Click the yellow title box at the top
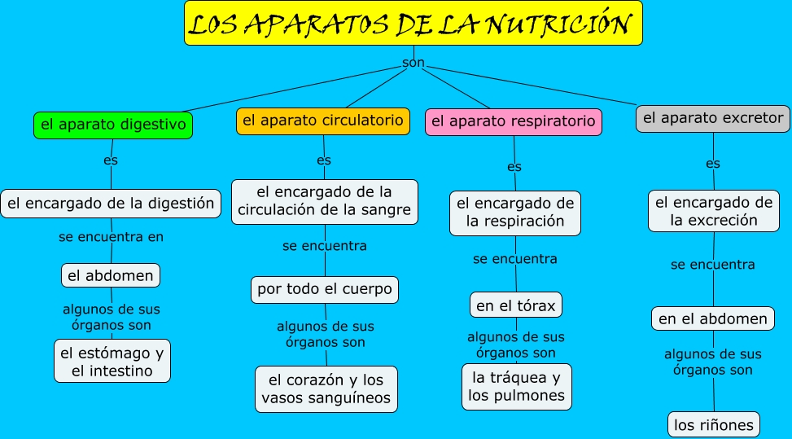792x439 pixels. pos(413,24)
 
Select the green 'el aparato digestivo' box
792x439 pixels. pos(113,125)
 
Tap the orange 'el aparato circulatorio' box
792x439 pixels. pos(322,121)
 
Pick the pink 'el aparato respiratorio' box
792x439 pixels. pos(513,121)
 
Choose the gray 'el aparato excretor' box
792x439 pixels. pos(712,118)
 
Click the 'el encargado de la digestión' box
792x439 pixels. pos(111,203)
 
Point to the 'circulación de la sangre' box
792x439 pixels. pos(324,201)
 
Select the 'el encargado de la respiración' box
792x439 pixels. pos(514,213)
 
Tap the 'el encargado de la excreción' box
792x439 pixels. pos(713,211)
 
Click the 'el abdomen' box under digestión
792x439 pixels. pos(111,275)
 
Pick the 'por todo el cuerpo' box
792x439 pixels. pos(324,289)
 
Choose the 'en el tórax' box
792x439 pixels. pos(515,305)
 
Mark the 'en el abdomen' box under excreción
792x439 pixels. pos(712,318)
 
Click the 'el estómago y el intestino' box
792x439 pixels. pos(112,362)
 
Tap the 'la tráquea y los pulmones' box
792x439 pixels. pos(516,387)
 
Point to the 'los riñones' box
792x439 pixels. pos(714,424)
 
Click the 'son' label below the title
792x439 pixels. pos(413,64)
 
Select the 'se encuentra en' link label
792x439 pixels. pos(111,237)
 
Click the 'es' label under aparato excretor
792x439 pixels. pos(712,164)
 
